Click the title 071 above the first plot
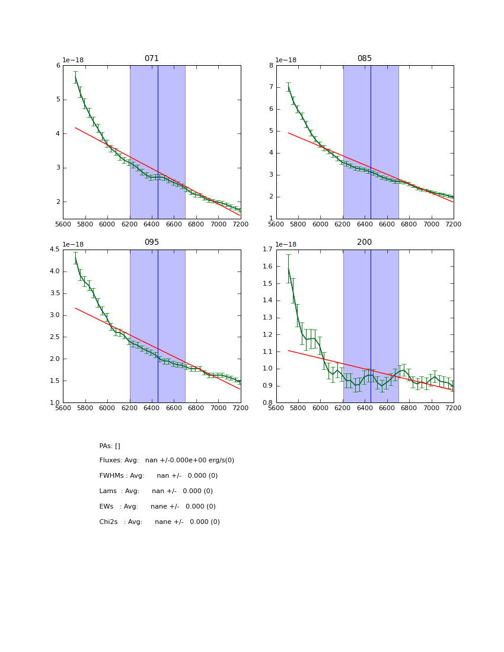[152, 59]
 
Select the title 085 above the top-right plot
[365, 59]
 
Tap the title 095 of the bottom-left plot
[152, 242]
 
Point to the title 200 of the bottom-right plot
[365, 242]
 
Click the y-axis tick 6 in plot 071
[58, 66]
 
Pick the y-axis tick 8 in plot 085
[271, 66]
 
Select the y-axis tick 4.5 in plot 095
[55, 250]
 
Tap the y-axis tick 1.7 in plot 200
[267, 250]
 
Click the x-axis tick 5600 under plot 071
[63, 225]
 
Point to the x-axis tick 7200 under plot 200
[454, 408]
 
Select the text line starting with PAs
[110, 446]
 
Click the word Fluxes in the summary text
[110, 461]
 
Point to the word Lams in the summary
[109, 491]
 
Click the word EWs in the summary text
[107, 507]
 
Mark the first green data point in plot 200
[288, 269]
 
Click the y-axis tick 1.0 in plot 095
[55, 403]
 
